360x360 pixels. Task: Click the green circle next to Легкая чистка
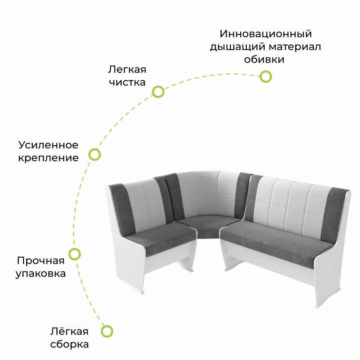158,92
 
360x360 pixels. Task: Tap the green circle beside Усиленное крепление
94,154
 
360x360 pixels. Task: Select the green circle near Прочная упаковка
75,254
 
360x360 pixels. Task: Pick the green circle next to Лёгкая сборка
107,331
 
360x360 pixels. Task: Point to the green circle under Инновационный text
266,76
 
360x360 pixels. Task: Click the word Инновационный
266,34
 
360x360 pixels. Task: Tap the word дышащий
238,47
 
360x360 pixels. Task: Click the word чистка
126,83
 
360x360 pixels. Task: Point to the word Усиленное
48,144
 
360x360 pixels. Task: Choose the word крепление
48,158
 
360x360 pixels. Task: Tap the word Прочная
40,261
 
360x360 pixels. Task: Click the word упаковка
40,274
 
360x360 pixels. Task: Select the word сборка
70,344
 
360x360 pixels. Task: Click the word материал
294,47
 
